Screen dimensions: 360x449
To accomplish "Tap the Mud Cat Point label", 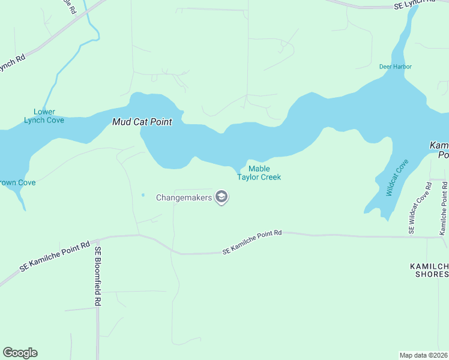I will (x=142, y=122).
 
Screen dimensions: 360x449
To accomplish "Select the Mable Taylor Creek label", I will (x=259, y=173).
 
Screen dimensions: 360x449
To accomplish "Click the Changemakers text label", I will (x=185, y=197).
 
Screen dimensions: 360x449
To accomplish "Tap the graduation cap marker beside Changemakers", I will (x=221, y=197).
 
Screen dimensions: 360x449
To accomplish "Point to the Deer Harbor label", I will (x=395, y=67).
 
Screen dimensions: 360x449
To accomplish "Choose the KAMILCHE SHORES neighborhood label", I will (x=429, y=270).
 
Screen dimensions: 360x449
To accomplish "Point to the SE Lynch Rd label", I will (x=414, y=5).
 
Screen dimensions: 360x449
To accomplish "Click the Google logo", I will (x=20, y=352).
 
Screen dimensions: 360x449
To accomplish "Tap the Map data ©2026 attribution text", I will (x=423, y=355).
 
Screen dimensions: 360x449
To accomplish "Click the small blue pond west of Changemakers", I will (x=143, y=194).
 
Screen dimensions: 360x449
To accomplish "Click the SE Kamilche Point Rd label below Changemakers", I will (x=252, y=242).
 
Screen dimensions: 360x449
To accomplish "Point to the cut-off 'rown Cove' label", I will (x=17, y=182).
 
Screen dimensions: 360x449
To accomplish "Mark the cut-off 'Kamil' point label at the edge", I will (x=439, y=150).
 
